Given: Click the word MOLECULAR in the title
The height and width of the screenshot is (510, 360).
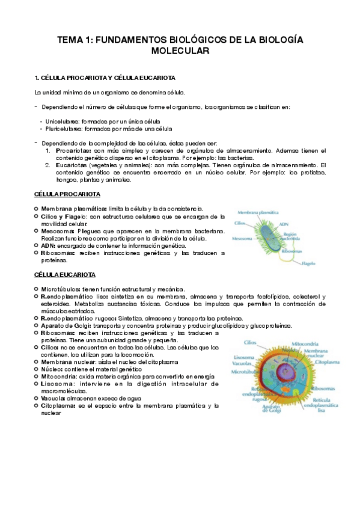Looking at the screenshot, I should coord(180,52).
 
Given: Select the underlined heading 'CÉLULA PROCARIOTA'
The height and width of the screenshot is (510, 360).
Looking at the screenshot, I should coord(67,194).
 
